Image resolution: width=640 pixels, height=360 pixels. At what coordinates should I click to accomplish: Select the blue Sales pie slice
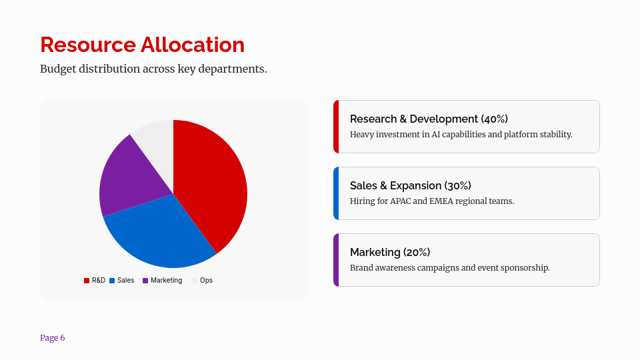tap(163, 233)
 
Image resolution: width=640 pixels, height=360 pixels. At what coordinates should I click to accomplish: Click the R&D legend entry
tap(95, 281)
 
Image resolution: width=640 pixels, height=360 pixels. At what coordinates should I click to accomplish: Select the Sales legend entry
tap(122, 281)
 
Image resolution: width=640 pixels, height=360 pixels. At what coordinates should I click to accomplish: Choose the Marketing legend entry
tap(162, 281)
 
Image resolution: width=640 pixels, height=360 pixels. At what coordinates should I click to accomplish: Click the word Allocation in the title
tap(192, 45)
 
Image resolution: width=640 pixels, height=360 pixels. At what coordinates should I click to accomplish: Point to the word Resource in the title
tap(87, 45)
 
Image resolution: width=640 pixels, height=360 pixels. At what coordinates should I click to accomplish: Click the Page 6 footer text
tap(53, 338)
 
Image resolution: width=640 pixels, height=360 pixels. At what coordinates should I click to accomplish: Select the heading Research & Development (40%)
tap(429, 119)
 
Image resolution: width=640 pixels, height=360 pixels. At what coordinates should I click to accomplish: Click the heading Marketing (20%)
tap(390, 252)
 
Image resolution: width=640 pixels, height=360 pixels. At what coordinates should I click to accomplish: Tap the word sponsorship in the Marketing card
tap(526, 267)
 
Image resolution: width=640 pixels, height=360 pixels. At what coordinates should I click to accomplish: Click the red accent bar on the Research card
tap(336, 127)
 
